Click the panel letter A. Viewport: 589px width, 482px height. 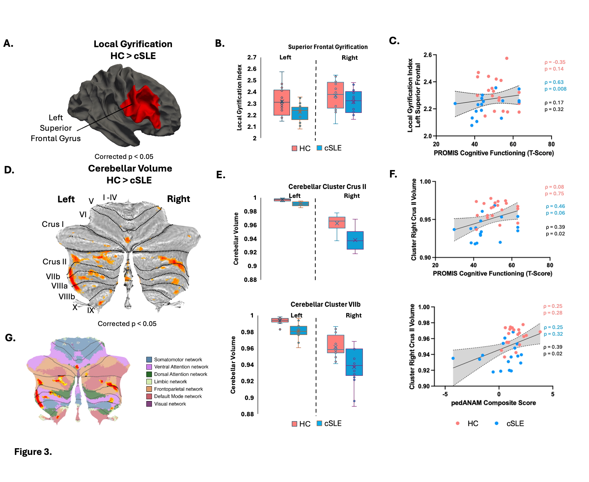[x=8, y=43]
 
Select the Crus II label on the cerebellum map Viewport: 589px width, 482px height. [x=54, y=262]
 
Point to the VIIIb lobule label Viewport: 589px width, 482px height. [x=66, y=297]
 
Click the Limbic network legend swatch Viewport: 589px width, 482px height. [x=149, y=382]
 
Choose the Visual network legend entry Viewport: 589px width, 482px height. [x=170, y=404]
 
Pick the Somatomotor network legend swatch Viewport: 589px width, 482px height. [x=149, y=359]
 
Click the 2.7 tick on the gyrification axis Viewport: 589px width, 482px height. [x=252, y=57]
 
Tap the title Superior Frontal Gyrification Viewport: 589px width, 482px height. [x=328, y=47]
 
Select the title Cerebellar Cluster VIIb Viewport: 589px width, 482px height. [x=325, y=304]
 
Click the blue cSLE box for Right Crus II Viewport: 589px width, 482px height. [x=355, y=240]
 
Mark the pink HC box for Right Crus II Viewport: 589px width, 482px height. [x=337, y=222]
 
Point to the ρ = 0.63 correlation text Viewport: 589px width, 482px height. [x=554, y=82]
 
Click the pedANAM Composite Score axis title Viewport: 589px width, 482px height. [x=493, y=403]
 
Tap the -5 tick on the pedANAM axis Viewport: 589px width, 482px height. [x=445, y=394]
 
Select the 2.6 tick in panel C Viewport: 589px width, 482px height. [x=427, y=55]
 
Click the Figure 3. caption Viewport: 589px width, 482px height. [x=33, y=452]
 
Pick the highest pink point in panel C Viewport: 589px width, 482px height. [x=507, y=58]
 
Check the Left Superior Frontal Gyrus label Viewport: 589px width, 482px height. [x=56, y=128]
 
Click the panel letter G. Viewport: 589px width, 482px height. [x=10, y=338]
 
